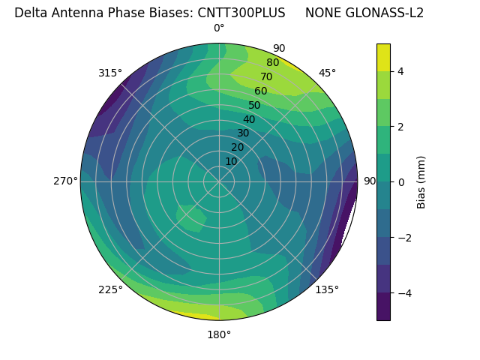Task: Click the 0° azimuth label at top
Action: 219,28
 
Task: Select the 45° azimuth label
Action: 327,73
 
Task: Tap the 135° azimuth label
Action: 327,289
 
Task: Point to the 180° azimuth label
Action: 219,334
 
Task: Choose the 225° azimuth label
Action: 110,289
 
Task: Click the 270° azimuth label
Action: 65,181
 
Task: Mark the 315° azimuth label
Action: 110,73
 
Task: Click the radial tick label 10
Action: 231,161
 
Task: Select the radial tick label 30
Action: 243,133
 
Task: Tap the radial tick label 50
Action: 254,106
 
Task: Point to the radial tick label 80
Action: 272,63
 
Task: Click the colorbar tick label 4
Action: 401,71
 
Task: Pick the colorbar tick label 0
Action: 401,182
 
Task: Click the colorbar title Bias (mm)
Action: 421,182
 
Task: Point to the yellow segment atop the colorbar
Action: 383,57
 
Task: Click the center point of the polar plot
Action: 219,181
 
